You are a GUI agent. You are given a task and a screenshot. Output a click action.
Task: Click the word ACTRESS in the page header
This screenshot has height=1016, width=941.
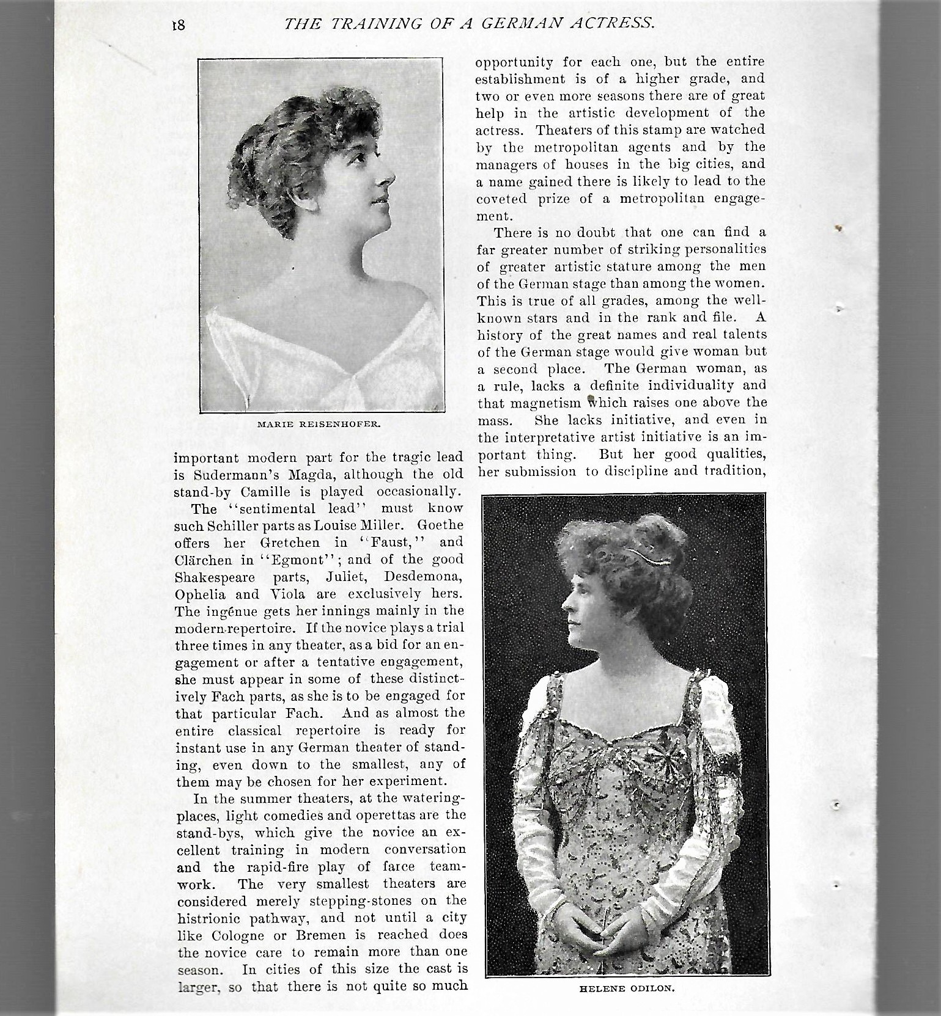click(611, 24)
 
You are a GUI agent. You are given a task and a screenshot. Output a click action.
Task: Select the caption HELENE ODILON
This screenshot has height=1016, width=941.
click(624, 988)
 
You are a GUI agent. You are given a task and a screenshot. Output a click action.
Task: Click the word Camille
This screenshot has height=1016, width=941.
click(279, 491)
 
